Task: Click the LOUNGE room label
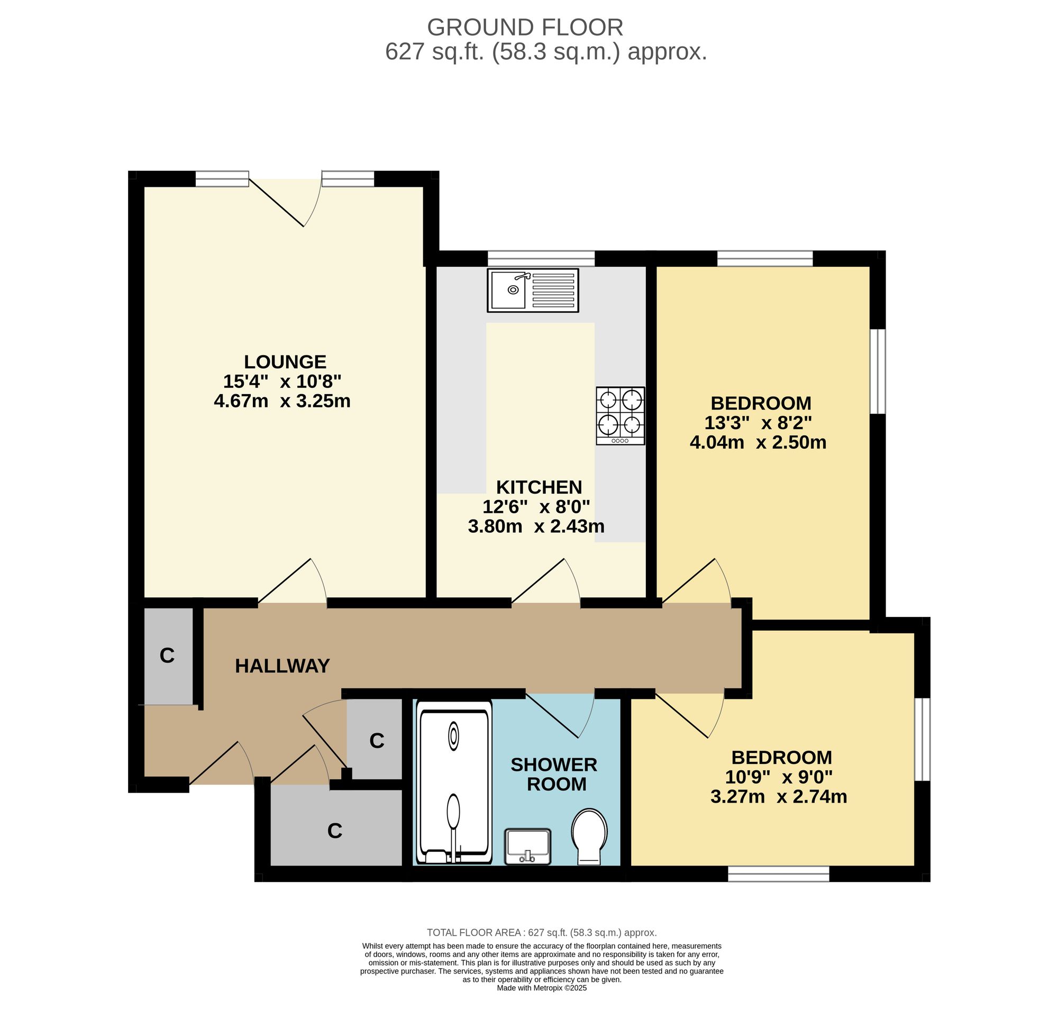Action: click(285, 361)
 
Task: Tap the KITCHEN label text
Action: click(539, 487)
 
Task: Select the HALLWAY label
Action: click(282, 666)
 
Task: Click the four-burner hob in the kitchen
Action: click(620, 416)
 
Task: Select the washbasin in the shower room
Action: click(527, 847)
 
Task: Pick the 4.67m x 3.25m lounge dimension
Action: click(282, 401)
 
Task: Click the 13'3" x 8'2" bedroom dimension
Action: click(758, 423)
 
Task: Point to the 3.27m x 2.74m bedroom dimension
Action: click(779, 796)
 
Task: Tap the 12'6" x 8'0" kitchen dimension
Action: click(536, 507)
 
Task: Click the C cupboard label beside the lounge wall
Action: click(167, 655)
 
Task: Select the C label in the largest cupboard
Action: click(335, 831)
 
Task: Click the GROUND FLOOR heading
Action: click(525, 27)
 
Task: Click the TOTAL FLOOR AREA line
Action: click(542, 932)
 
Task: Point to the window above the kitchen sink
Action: click(541, 258)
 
